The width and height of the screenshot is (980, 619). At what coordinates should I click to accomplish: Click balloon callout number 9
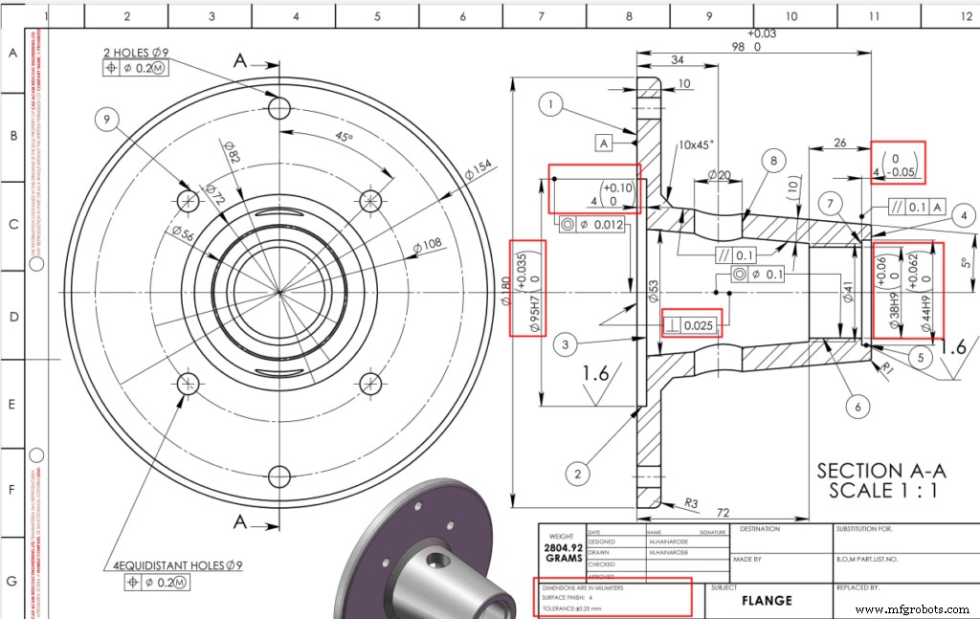(x=107, y=120)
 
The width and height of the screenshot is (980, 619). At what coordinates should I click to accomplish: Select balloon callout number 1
(x=551, y=104)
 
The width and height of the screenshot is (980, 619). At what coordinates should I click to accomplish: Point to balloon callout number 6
(x=857, y=407)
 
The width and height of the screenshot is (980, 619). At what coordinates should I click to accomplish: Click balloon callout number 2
(x=576, y=472)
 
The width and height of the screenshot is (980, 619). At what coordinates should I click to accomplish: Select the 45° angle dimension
(x=344, y=138)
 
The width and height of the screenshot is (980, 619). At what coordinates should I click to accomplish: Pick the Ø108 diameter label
(x=428, y=246)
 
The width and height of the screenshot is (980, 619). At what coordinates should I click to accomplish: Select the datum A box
(x=604, y=144)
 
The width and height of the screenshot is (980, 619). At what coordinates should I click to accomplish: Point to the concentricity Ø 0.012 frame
(x=594, y=225)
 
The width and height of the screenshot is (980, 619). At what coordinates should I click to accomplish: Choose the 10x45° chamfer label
(x=696, y=146)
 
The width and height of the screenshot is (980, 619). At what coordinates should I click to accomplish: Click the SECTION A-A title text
(x=880, y=471)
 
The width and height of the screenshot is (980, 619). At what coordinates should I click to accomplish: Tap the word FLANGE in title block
(x=766, y=601)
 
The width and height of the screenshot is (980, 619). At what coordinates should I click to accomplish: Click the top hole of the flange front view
(x=279, y=107)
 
